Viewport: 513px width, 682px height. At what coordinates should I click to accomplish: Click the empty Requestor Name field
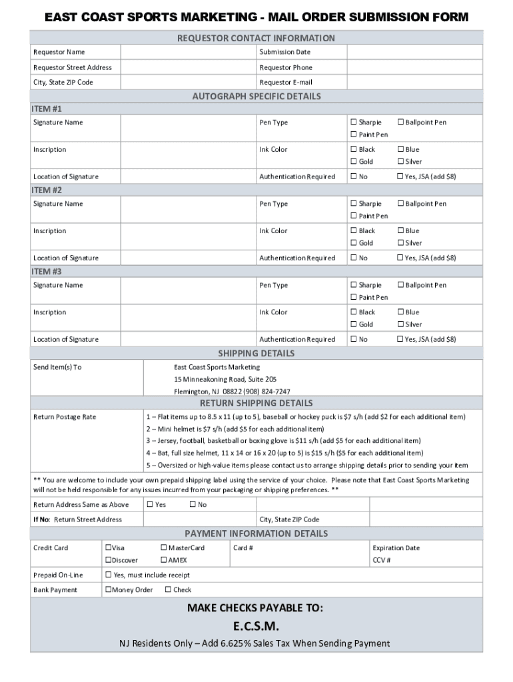(x=189, y=52)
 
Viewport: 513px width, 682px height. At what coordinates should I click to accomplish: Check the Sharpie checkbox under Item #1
(x=354, y=123)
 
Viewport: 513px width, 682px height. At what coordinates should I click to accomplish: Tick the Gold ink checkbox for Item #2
(x=354, y=243)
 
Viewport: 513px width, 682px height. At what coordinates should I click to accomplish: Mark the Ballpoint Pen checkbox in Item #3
(x=400, y=285)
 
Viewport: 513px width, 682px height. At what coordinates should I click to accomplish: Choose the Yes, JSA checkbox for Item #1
(x=400, y=176)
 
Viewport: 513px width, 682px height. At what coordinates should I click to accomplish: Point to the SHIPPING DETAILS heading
(x=256, y=353)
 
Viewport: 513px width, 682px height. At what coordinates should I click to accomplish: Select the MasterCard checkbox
(x=164, y=548)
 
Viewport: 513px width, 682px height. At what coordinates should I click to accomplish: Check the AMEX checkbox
(x=164, y=560)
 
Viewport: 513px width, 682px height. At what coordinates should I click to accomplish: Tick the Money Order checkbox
(x=108, y=590)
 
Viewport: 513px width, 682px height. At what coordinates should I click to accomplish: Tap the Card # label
(x=243, y=548)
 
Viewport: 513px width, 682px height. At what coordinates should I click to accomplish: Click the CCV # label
(x=382, y=560)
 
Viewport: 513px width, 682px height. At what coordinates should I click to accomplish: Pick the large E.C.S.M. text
(x=256, y=627)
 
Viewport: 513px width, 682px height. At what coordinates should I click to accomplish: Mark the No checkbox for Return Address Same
(x=193, y=505)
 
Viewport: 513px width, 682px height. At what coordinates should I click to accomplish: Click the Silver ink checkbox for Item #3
(x=400, y=324)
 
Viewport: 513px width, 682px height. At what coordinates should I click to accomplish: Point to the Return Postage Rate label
(x=65, y=417)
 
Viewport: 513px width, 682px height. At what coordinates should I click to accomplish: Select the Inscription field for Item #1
(x=189, y=155)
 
